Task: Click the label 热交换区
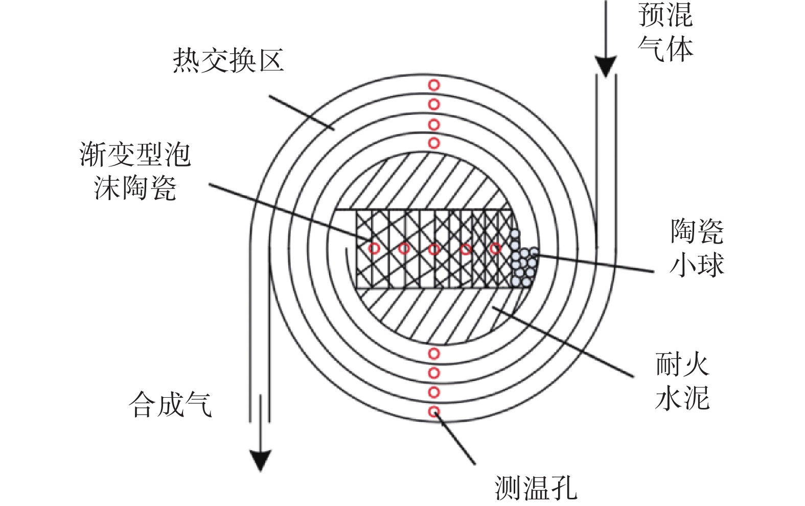coord(228,60)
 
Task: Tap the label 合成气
coord(170,405)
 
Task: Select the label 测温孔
coord(536,488)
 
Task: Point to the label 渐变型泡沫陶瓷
coord(135,171)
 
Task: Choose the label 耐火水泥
coord(682,381)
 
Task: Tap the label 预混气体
coord(665,32)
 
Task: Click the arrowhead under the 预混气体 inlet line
coord(606,66)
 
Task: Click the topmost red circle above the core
coord(434,85)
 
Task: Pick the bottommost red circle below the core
coord(434,412)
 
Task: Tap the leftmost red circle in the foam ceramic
coord(374,248)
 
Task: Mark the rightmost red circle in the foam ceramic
coord(496,248)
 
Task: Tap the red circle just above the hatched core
coord(434,143)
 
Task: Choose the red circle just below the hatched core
coord(434,354)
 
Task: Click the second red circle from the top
coord(434,105)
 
